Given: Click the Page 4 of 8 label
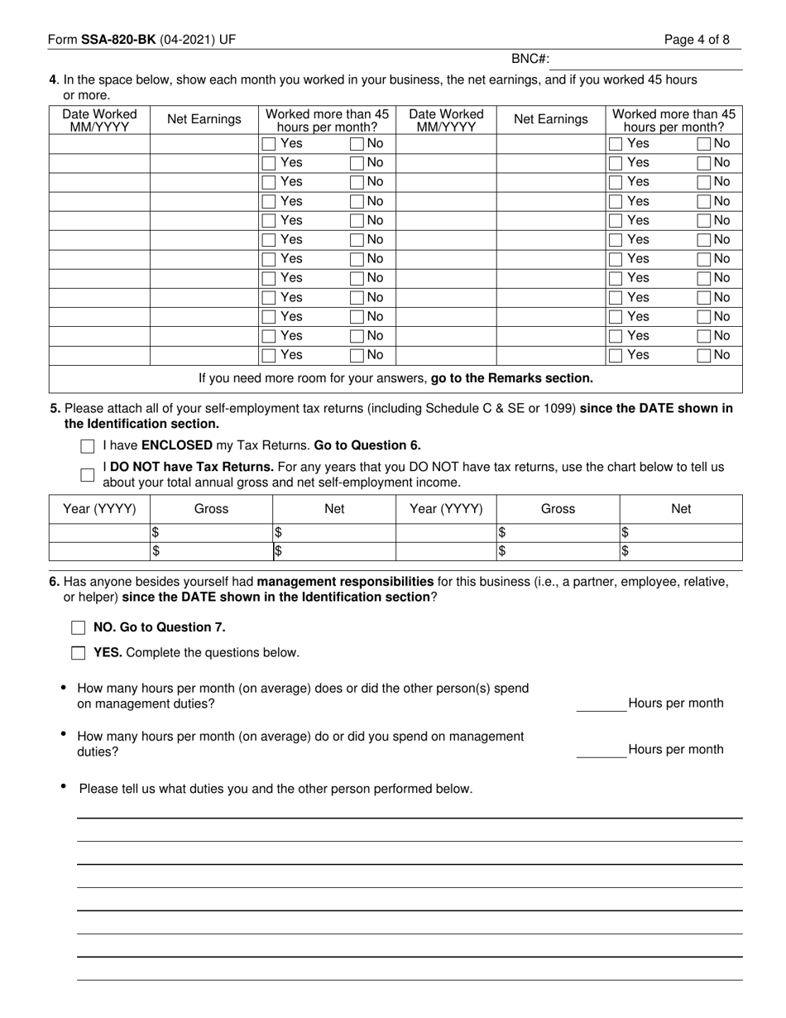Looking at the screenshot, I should pyautogui.click(x=697, y=40).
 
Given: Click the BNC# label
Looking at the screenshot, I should pyautogui.click(x=530, y=59).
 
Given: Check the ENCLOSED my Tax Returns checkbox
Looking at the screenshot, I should pyautogui.click(x=88, y=446).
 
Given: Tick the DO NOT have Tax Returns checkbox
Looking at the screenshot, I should pyautogui.click(x=88, y=475).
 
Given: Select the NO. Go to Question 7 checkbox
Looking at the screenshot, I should pyautogui.click(x=79, y=628).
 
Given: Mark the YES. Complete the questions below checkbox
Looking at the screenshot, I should pyautogui.click(x=79, y=653).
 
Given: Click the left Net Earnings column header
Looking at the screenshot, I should pyautogui.click(x=204, y=119).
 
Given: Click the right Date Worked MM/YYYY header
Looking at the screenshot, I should pyautogui.click(x=446, y=120).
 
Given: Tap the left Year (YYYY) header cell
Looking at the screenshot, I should pyautogui.click(x=99, y=509).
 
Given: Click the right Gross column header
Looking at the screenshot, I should pyautogui.click(x=557, y=509).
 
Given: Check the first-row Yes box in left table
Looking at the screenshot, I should pyautogui.click(x=269, y=144).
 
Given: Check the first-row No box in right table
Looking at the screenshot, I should pyautogui.click(x=704, y=144).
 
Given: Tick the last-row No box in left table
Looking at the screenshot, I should pyautogui.click(x=357, y=356).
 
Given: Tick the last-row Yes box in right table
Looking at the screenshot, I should pyautogui.click(x=616, y=356).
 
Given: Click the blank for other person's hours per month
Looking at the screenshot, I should pyautogui.click(x=601, y=704).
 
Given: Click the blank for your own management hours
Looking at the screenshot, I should pyautogui.click(x=601, y=750).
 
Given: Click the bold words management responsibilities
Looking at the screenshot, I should pyautogui.click(x=345, y=582).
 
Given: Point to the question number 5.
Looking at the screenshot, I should pyautogui.click(x=55, y=409).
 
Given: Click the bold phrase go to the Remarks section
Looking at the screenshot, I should pyautogui.click(x=512, y=378).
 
